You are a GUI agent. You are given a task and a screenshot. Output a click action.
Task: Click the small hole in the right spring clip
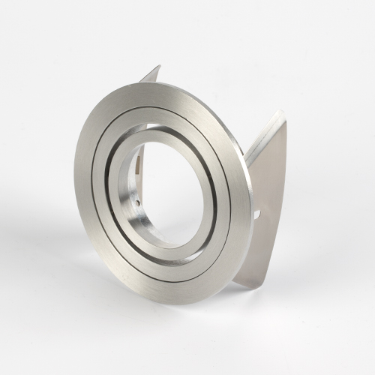pyautogui.click(x=257, y=214)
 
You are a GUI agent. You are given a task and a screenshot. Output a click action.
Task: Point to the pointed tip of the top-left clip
pyautogui.click(x=158, y=67)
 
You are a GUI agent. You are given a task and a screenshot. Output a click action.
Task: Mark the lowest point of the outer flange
pyautogui.click(x=187, y=304)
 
